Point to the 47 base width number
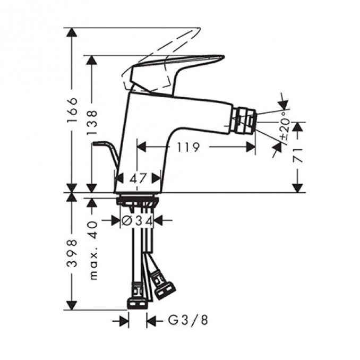pyautogui.click(x=138, y=179)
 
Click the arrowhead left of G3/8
pyautogui.click(x=124, y=321)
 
